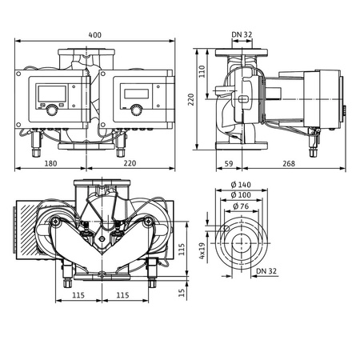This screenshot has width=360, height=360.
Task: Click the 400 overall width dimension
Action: [95, 34]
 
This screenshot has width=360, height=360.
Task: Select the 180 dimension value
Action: [50, 163]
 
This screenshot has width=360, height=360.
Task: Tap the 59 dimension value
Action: [228, 163]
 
